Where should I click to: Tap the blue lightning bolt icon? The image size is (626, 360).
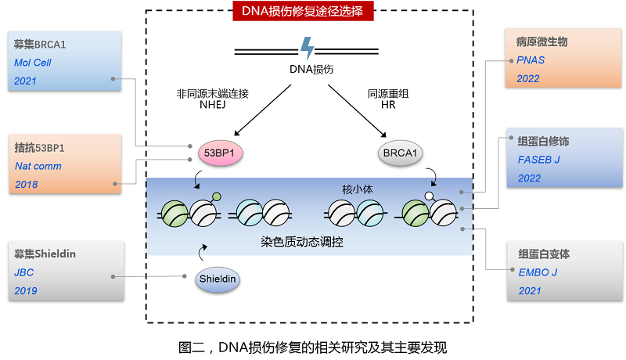(308, 48)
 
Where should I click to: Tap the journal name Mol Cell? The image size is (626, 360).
(33, 63)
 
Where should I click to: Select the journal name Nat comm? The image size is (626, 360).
(38, 166)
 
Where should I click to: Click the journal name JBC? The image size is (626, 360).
(24, 272)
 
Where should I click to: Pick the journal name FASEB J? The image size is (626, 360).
(540, 160)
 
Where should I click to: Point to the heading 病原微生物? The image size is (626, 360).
(542, 41)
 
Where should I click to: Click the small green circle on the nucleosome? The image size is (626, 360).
(217, 196)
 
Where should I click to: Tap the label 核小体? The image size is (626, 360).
(347, 189)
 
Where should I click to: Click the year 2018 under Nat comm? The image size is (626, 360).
(26, 185)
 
